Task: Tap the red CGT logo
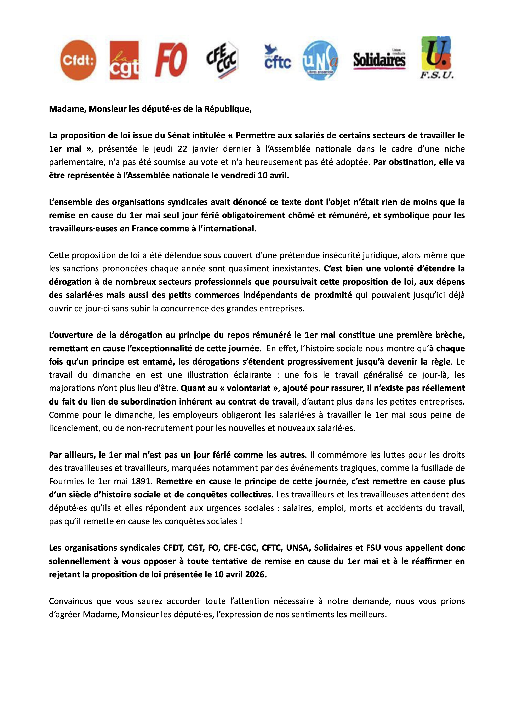coord(124,60)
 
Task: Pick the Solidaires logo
coord(379,59)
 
